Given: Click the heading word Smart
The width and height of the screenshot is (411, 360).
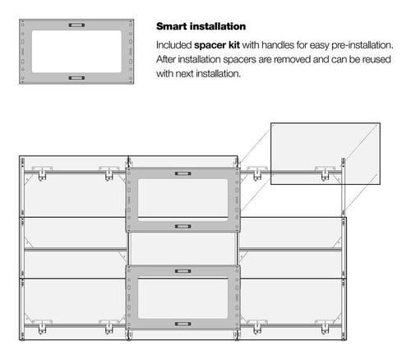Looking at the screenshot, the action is (172, 26).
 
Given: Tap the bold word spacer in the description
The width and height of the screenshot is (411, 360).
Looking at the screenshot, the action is (210, 45).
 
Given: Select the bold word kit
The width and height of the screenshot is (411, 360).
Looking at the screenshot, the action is (234, 45).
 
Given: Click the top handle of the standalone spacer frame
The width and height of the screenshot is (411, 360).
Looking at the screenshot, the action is (76, 25).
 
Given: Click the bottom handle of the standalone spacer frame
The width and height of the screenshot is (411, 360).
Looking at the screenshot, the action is (76, 78).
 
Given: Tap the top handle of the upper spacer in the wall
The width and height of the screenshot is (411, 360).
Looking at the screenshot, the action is (182, 173).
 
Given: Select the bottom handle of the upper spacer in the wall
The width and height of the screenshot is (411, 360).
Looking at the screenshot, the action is (182, 226).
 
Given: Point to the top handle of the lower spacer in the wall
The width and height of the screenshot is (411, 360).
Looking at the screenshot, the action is (182, 271).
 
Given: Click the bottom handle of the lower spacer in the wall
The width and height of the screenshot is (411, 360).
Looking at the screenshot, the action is (182, 324).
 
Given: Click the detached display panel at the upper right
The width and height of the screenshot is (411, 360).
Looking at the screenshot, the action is (326, 154).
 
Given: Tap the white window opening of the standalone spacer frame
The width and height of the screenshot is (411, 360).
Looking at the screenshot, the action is (76, 52).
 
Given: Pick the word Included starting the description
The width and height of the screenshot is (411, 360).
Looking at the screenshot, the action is (174, 45).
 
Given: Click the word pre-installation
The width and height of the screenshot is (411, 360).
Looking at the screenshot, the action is (363, 45).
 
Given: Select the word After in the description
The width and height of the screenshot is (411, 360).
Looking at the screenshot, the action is (166, 59).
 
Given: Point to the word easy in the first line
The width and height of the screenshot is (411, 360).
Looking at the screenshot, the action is (319, 46).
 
